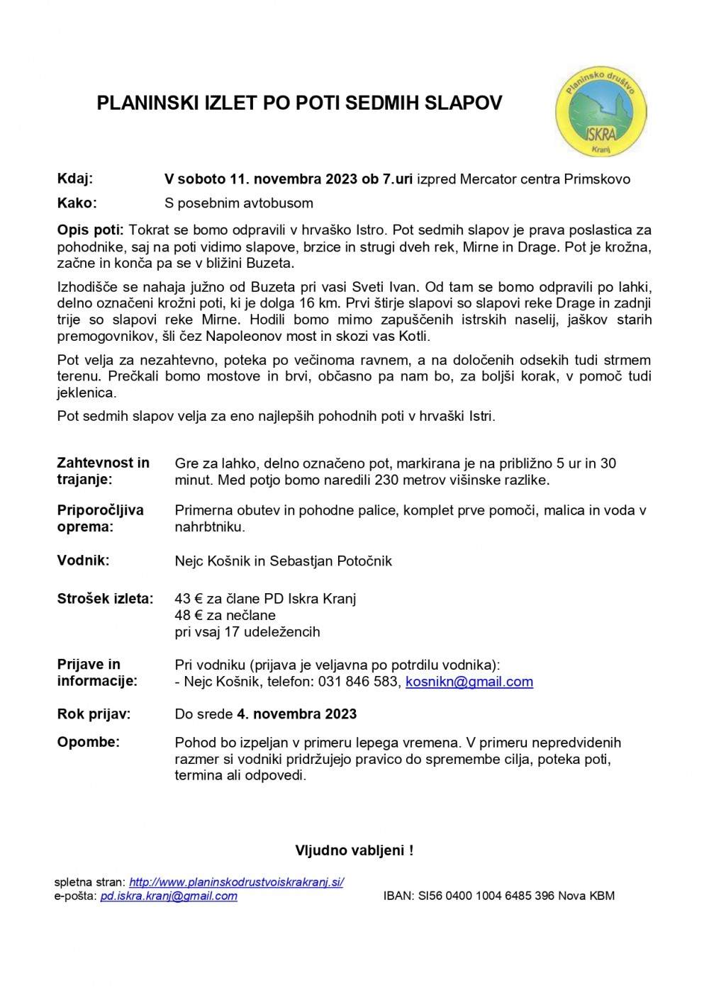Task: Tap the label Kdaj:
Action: click(75, 179)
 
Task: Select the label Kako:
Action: click(77, 203)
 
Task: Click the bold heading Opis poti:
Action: click(91, 230)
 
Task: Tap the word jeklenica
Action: click(86, 393)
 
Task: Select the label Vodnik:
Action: click(83, 561)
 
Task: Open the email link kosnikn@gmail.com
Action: click(469, 682)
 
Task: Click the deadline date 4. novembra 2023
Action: click(296, 714)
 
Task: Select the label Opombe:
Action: click(88, 742)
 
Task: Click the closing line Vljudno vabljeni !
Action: click(354, 850)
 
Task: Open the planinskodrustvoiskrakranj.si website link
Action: click(236, 882)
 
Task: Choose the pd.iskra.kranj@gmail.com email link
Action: click(169, 896)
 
